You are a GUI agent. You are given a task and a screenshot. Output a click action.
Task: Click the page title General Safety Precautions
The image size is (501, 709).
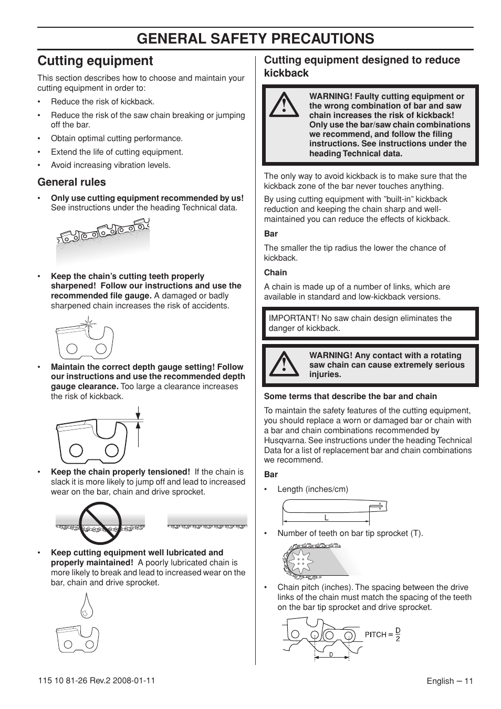[x=255, y=38]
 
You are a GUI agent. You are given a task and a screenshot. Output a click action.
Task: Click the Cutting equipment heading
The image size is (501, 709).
[x=95, y=61]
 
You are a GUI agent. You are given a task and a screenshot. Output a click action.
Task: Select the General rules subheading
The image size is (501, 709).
[x=71, y=182]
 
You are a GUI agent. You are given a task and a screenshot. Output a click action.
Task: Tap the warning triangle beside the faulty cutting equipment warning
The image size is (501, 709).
[x=284, y=104]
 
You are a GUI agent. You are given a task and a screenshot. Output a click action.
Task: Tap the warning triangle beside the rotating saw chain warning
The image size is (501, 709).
[x=284, y=364]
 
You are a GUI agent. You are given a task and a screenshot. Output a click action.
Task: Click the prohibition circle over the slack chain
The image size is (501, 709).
[x=100, y=523]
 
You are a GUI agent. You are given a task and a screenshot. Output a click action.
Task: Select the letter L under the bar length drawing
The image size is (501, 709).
[x=326, y=518]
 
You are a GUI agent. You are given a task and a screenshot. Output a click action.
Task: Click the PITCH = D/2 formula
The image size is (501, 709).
[x=383, y=635]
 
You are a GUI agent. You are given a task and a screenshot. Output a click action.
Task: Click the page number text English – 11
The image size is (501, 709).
[x=450, y=681]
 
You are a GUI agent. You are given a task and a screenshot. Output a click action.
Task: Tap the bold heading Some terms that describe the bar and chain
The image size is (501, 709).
[x=350, y=396]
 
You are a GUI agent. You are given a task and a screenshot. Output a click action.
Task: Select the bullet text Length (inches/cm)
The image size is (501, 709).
[x=312, y=489]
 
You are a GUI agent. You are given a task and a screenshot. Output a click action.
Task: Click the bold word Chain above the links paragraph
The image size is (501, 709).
[x=275, y=273]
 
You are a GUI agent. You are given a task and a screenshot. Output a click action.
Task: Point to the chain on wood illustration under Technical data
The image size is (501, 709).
[x=103, y=239]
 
